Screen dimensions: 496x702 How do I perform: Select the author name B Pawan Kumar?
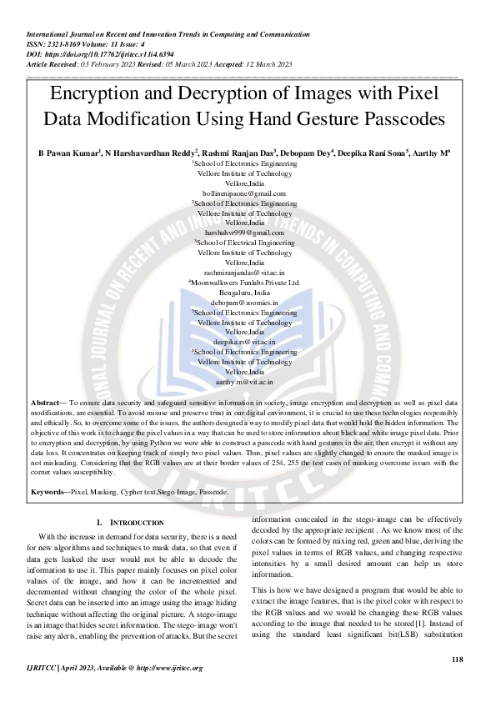tap(68, 154)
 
